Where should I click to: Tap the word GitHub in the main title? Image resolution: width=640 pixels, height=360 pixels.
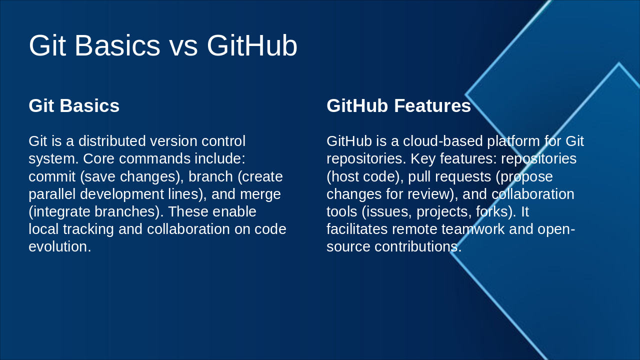pyautogui.click(x=252, y=45)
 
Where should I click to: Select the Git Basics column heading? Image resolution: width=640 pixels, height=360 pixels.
pyautogui.click(x=74, y=105)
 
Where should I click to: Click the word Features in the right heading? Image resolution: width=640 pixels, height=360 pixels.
pyautogui.click(x=432, y=105)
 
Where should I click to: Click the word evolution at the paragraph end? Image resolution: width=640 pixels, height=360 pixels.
pyautogui.click(x=59, y=246)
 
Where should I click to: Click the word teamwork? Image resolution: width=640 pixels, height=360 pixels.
pyautogui.click(x=473, y=229)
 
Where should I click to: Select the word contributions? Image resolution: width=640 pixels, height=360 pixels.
pyautogui.click(x=418, y=246)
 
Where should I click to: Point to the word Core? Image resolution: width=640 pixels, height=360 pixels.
pyautogui.click(x=98, y=158)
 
